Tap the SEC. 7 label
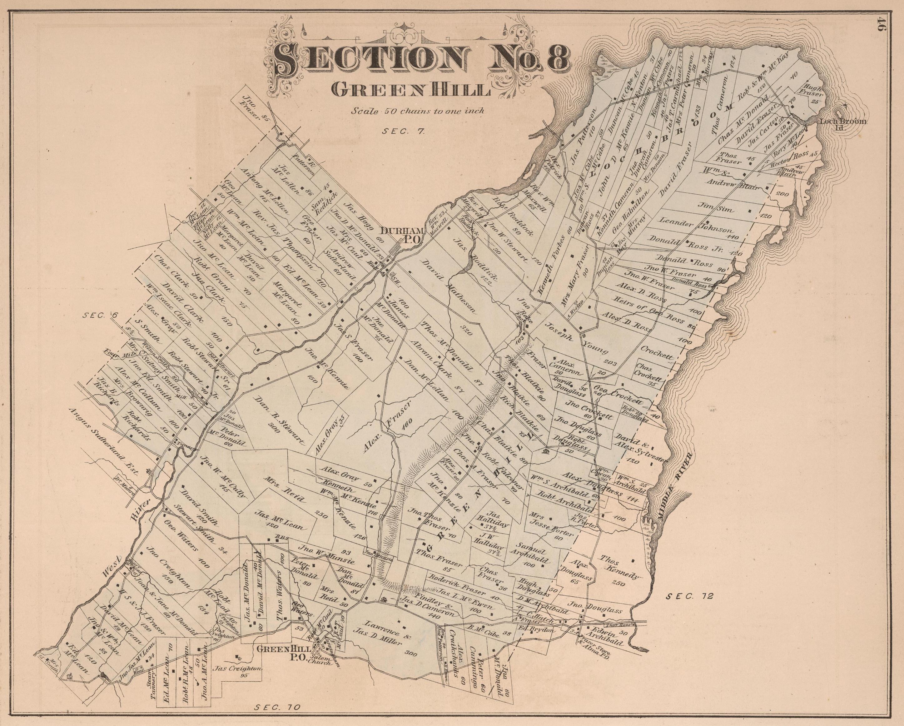click(403, 131)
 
